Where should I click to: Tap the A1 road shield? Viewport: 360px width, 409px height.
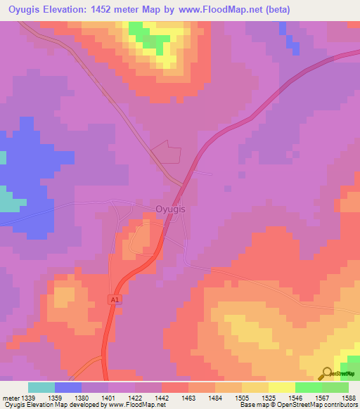pos(114,299)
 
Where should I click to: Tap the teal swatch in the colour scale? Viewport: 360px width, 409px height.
pos(41,387)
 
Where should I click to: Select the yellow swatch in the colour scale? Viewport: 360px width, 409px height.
pos(281,387)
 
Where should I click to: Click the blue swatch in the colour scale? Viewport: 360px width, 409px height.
pos(67,387)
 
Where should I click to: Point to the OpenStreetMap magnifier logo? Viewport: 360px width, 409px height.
pos(328,373)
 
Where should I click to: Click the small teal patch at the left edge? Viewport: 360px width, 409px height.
pos(8,202)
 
